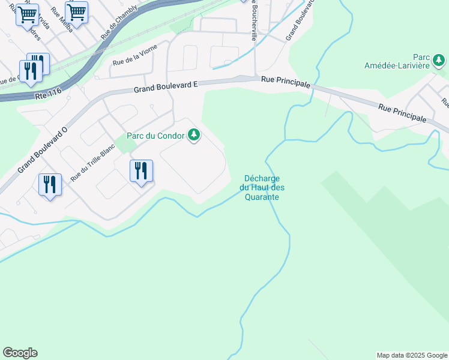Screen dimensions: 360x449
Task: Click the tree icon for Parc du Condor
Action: click(193, 136)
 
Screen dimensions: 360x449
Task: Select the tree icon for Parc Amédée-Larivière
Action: click(440, 60)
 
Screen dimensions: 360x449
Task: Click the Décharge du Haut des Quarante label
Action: click(262, 188)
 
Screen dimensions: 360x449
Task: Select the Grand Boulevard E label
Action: click(166, 88)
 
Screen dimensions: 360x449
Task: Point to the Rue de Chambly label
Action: click(119, 22)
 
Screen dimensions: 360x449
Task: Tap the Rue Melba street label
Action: click(62, 19)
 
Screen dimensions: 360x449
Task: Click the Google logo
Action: click(20, 353)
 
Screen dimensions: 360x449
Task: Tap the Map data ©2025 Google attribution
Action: click(412, 355)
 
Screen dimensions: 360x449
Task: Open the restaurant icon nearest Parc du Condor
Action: click(141, 171)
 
